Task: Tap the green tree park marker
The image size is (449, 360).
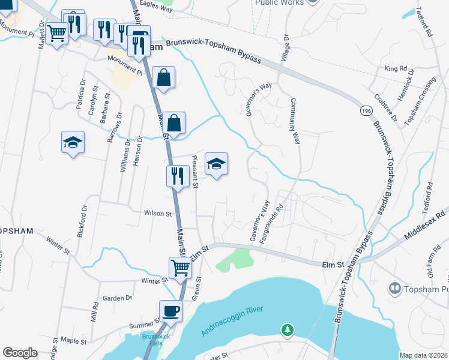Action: tap(288, 329)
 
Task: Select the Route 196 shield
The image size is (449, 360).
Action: tap(365, 112)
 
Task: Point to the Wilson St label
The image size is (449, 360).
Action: tap(158, 213)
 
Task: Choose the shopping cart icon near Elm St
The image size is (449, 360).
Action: tap(180, 268)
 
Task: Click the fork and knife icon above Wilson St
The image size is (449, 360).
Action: tap(176, 176)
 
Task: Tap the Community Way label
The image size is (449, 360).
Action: tap(295, 122)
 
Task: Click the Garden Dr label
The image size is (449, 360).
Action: tap(117, 298)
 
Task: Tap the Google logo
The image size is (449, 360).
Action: tap(20, 353)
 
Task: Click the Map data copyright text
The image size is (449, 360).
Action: tap(423, 355)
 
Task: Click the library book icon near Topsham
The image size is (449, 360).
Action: tap(395, 289)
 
